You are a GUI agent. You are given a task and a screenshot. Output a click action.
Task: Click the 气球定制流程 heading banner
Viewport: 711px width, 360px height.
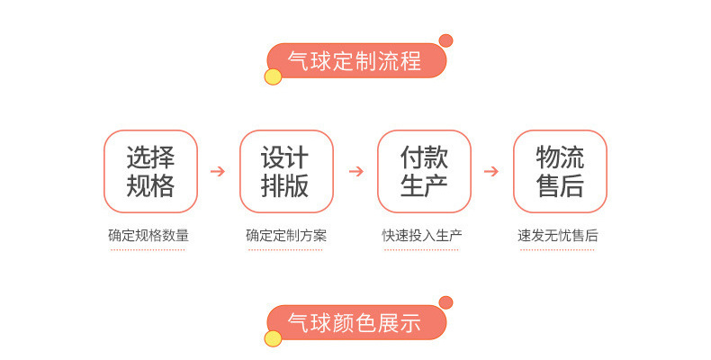[x=355, y=61]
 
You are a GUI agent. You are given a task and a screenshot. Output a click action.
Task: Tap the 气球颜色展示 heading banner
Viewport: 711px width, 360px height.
[x=355, y=323]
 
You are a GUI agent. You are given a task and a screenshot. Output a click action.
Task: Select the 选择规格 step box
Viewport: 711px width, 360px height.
[x=150, y=171]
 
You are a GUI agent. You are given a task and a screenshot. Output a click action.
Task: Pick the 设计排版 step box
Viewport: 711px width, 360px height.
[x=286, y=171]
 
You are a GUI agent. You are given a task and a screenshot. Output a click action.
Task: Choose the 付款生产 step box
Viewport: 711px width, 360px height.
[x=424, y=171]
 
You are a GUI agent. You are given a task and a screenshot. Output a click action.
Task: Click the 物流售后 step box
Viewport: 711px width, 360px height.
[x=560, y=171]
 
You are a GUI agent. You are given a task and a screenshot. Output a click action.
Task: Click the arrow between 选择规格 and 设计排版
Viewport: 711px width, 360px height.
[x=217, y=171]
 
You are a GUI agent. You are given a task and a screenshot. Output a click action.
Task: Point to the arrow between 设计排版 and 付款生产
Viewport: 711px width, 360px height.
[x=355, y=171]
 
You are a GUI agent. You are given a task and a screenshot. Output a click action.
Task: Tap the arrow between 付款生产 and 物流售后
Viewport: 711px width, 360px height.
[x=490, y=171]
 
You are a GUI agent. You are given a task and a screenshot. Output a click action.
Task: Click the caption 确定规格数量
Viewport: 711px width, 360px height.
[x=148, y=236]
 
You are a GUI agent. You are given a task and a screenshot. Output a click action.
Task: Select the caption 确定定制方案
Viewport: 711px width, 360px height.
[x=286, y=236]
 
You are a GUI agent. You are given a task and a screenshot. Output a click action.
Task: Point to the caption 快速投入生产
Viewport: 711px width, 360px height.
[x=422, y=236]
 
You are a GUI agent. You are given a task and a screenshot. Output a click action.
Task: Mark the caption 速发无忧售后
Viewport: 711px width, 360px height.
[x=558, y=236]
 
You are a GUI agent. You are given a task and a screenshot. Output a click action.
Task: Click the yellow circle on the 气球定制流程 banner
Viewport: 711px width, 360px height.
[x=273, y=76]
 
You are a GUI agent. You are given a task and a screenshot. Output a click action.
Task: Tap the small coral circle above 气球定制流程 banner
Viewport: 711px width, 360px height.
[x=445, y=40]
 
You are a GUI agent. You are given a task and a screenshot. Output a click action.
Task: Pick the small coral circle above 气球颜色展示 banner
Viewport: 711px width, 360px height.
[x=445, y=302]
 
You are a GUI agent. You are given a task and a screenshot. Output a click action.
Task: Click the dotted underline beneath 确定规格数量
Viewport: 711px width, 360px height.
[x=148, y=249]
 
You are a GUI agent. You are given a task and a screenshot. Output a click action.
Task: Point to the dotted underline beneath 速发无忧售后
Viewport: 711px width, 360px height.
[x=558, y=249]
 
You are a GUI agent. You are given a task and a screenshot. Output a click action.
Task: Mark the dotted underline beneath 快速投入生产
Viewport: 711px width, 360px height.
[x=422, y=249]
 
